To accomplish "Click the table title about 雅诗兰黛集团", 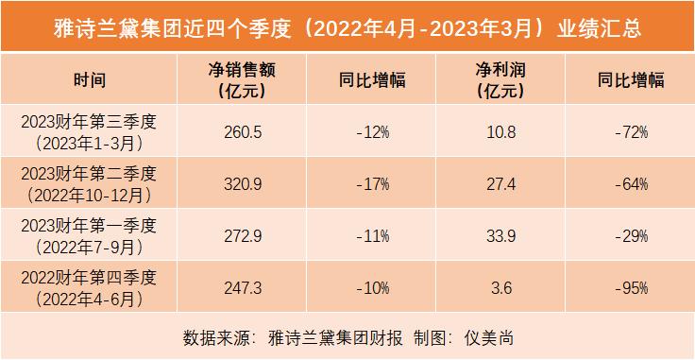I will [x=347, y=26].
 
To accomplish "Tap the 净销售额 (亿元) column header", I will [x=242, y=80].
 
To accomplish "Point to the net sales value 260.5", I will [x=242, y=132].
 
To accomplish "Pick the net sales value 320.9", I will [x=242, y=183].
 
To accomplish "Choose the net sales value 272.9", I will [x=242, y=234].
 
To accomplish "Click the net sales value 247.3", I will [x=242, y=285].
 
